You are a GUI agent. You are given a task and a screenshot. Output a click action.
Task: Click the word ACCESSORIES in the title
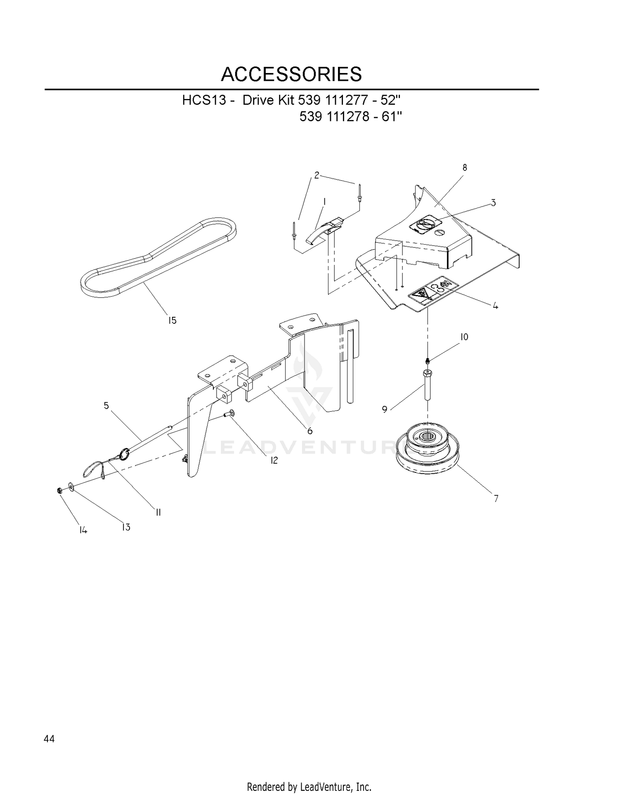coord(291,74)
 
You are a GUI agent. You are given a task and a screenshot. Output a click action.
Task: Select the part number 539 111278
coord(334,117)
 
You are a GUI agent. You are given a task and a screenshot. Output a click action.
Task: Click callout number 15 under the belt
coord(172,320)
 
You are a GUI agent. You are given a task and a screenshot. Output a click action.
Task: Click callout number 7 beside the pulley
coord(496,499)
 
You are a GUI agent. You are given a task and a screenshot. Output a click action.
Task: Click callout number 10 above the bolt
coord(464,337)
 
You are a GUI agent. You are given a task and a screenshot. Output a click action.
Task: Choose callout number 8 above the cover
coord(465,167)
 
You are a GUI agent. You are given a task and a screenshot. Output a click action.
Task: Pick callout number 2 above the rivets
coord(317,175)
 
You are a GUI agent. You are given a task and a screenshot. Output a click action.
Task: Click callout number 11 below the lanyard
coord(158,512)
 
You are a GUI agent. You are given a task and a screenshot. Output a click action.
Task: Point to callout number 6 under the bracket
coord(309,431)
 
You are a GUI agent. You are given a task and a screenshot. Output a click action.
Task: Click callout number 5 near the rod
coord(106,406)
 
